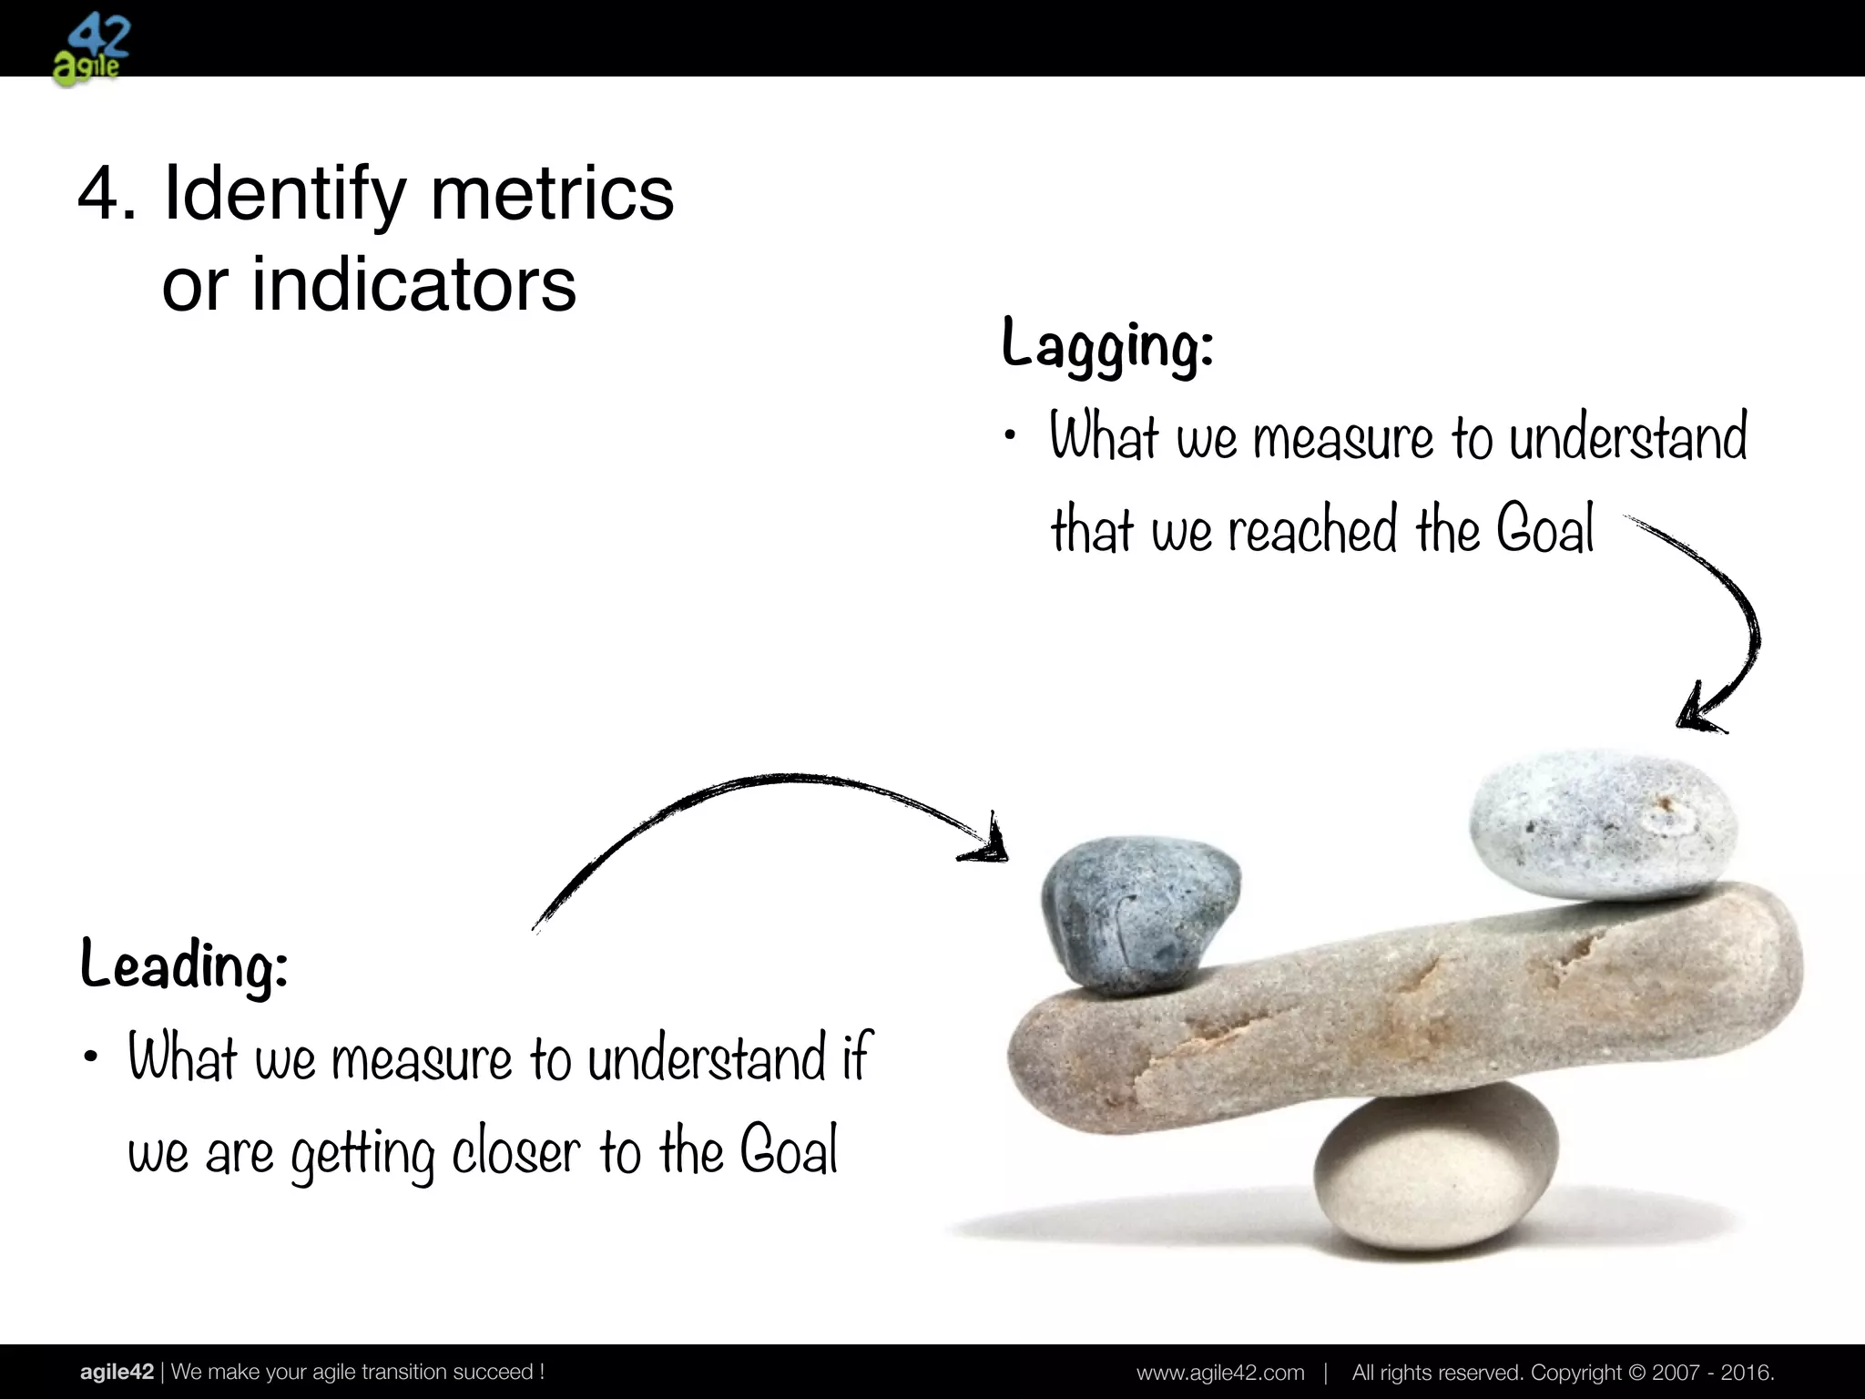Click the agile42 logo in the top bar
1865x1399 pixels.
pos(90,50)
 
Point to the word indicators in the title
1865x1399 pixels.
pos(413,285)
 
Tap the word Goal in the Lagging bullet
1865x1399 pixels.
pos(1545,530)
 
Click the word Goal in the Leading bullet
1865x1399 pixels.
pos(789,1151)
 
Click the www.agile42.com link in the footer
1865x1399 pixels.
pos(1220,1372)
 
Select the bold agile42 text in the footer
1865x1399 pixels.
pos(117,1372)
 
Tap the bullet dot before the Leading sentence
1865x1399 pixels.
pos(89,1058)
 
